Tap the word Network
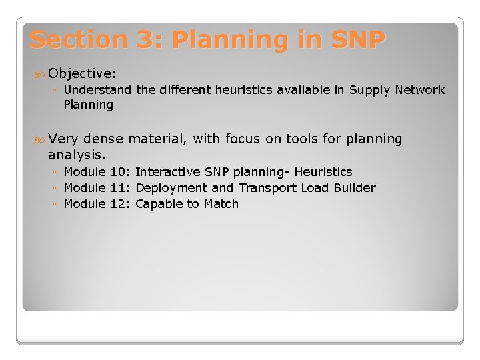click(419, 89)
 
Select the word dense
click(103, 139)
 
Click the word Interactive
click(166, 172)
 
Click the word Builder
click(355, 188)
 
